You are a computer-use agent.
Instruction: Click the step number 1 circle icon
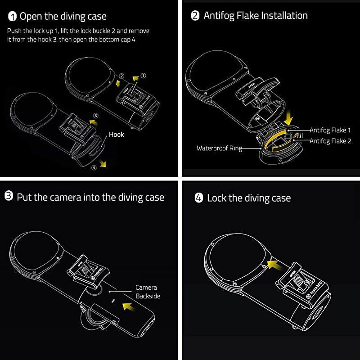coord(12,17)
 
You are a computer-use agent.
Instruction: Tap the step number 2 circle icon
coord(195,16)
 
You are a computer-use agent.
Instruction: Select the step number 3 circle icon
coord(9,197)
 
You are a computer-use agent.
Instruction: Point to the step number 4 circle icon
coord(198,198)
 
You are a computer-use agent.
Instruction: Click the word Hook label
coord(117,134)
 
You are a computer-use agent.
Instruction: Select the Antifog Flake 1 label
coord(330,130)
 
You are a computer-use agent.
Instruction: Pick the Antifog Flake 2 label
coord(330,141)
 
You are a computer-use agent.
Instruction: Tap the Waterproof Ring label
coord(219,148)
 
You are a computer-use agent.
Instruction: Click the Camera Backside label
coord(148,292)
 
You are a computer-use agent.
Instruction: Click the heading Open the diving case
coord(63,17)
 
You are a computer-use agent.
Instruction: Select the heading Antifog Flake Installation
coord(256,16)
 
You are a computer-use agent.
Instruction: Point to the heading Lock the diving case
coord(249,198)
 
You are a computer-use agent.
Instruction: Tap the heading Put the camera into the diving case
coord(90,197)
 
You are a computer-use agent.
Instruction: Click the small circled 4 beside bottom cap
coord(94,168)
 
